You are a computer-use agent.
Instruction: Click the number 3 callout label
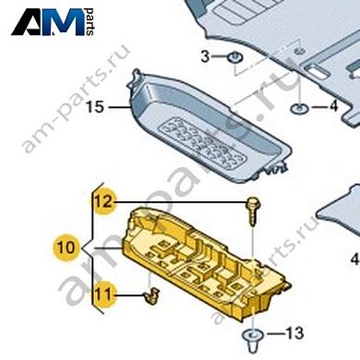point(206,57)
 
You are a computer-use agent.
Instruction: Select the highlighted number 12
point(101,199)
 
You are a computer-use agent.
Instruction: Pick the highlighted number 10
point(66,247)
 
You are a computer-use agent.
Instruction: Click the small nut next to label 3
point(234,60)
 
